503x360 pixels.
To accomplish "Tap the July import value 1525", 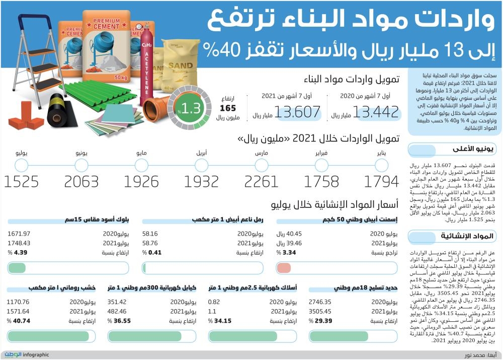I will (x=21, y=182).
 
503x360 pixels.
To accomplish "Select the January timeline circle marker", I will (x=382, y=165).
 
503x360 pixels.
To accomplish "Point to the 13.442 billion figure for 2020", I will (x=376, y=113).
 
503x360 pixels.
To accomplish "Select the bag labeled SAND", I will (x=180, y=65).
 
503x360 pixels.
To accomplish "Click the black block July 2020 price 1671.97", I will (x=20, y=234).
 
